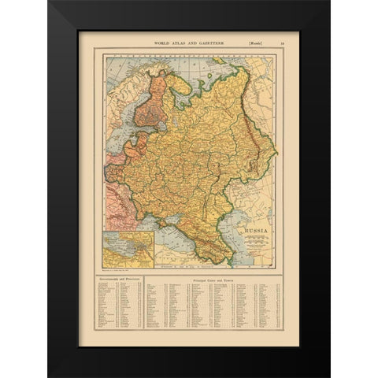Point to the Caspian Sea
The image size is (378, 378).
click(250, 213)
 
